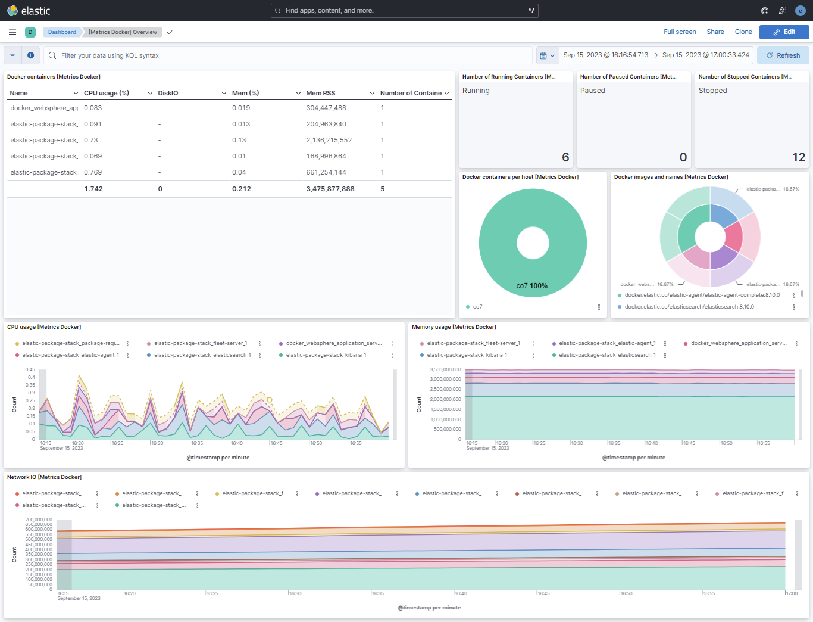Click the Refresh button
(783, 55)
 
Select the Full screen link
(680, 32)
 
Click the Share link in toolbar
(715, 32)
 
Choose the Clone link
(743, 32)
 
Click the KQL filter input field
(292, 55)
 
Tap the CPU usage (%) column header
(107, 93)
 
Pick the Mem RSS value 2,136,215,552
(329, 140)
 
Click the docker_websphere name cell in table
(44, 108)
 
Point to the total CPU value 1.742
(93, 189)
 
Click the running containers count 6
(565, 157)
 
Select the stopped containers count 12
(799, 157)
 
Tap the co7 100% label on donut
(532, 286)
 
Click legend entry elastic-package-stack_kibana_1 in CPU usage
(326, 355)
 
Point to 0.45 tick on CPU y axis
(30, 369)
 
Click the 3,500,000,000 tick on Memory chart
(445, 369)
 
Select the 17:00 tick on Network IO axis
(792, 593)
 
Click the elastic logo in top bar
(29, 11)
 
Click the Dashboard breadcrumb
(62, 32)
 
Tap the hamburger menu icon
(12, 32)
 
